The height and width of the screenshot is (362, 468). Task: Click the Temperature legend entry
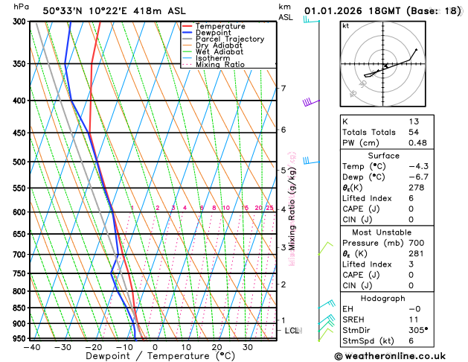221,26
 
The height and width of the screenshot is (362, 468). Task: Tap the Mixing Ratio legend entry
220,64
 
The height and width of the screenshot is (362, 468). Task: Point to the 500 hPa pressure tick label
19,162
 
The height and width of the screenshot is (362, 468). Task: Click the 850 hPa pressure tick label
19,308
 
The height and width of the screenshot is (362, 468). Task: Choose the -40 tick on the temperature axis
31,347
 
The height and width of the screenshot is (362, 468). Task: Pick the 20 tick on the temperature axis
217,347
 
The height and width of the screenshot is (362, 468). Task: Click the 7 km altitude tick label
283,89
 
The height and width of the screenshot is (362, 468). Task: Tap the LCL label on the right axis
292,330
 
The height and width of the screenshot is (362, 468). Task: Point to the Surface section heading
383,156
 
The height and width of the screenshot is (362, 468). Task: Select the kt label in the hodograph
345,26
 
